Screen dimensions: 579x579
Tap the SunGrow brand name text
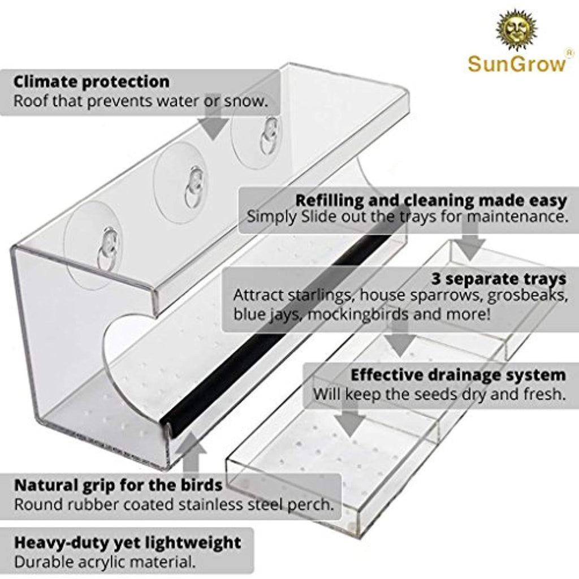(x=516, y=63)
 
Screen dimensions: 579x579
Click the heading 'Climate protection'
(x=91, y=81)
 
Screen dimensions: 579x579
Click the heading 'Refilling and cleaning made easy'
(x=430, y=200)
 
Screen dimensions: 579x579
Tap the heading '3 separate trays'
(x=499, y=278)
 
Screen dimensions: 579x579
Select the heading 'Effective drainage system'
(x=457, y=375)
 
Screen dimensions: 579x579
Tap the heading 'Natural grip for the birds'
(x=118, y=485)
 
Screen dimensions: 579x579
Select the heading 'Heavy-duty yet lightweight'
(x=127, y=543)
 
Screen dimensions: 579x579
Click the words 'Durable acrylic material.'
(x=105, y=562)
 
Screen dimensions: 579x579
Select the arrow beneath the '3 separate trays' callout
(x=400, y=342)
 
